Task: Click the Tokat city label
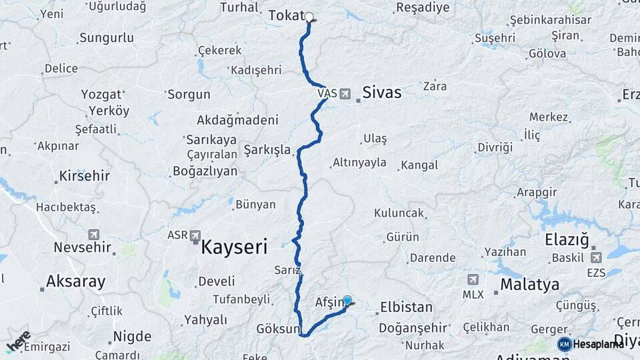pos(286,15)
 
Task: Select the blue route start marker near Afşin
pos(347,301)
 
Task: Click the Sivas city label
pos(382,92)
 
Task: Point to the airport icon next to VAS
pos(345,94)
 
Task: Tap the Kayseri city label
pos(234,247)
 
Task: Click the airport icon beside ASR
pos(195,235)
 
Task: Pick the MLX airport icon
pos(473,279)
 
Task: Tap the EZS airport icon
pos(595,257)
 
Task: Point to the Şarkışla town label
pos(267,149)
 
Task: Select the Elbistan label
pos(406,308)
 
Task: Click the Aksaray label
pos(76,281)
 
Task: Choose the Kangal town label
pos(419,165)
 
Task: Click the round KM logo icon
pos(564,344)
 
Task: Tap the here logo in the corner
pos(18,342)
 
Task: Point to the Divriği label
pos(495,147)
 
